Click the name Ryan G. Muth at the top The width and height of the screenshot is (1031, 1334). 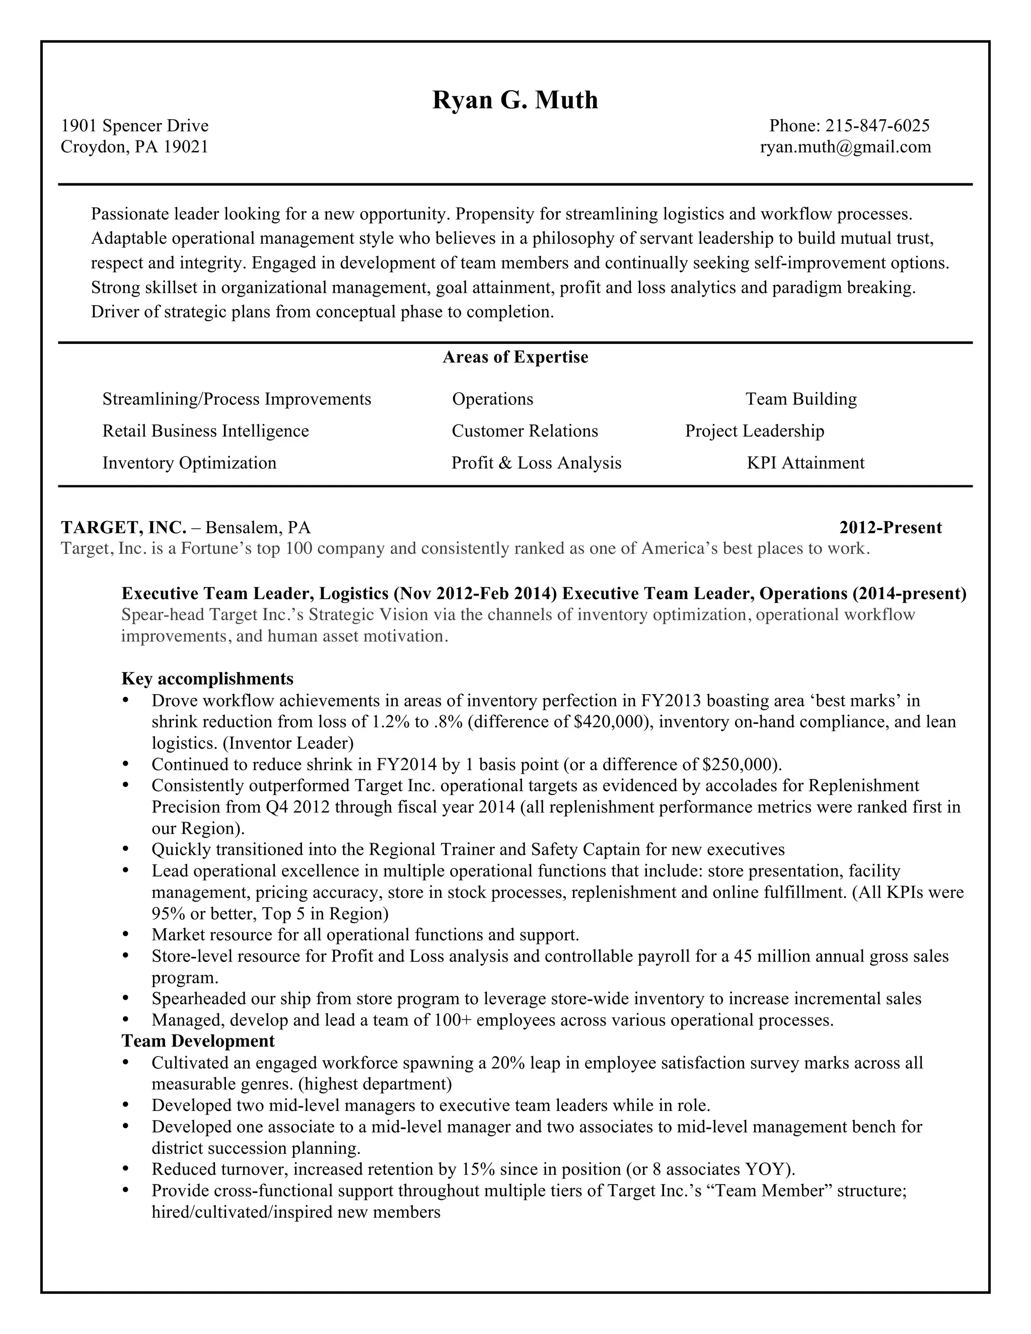point(515,100)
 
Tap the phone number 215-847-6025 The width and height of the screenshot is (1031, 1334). point(877,126)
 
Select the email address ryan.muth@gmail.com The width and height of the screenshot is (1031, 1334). point(845,146)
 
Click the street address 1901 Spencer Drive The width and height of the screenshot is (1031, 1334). point(134,126)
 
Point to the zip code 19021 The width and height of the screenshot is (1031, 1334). point(186,146)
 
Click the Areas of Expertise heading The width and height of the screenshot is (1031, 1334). point(515,357)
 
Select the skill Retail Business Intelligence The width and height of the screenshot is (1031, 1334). point(205,431)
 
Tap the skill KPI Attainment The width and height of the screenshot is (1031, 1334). point(805,463)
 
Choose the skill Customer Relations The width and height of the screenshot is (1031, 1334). point(525,431)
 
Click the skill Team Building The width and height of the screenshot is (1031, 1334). point(801,400)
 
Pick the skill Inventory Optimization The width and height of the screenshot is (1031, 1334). point(189,463)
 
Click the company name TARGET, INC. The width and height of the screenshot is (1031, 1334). point(123,527)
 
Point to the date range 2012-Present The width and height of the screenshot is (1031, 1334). point(890,528)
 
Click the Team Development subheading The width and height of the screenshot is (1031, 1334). point(198,1041)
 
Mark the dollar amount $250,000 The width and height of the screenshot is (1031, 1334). point(740,765)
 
